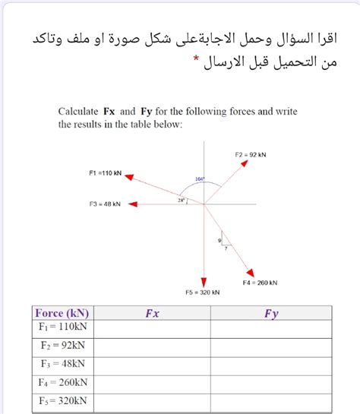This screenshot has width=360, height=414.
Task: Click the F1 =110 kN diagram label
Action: pos(106,173)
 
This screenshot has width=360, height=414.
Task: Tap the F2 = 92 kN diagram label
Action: pos(251,154)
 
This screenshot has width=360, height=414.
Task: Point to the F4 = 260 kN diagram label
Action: pos(260,283)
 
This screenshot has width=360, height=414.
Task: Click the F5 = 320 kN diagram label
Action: pos(203,292)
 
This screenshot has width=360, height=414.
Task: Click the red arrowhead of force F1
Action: pos(129,176)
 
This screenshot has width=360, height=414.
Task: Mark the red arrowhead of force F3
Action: pos(132,204)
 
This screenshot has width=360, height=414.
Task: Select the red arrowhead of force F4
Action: pos(250,274)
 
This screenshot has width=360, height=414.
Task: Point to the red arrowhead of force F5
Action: pos(204,282)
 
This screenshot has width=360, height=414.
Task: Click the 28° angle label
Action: pos(181,201)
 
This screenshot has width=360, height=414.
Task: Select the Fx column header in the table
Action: pos(152,312)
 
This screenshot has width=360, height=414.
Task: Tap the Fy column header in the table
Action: pos(271,312)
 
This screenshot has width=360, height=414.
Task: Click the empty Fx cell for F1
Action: pos(152,327)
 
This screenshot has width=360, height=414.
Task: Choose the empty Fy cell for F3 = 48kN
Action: pos(271,365)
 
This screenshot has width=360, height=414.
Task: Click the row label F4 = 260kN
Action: pos(62,383)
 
